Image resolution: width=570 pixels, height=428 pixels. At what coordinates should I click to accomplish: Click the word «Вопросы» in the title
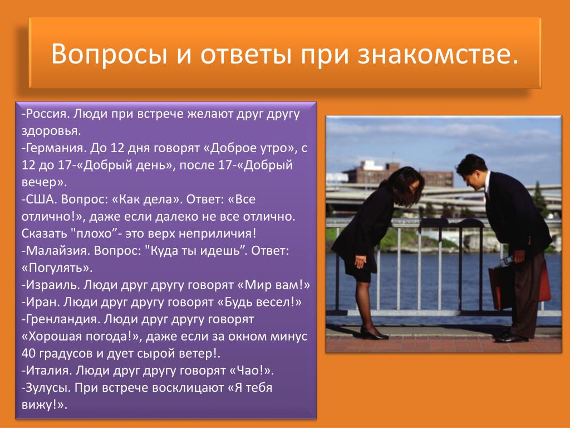110,54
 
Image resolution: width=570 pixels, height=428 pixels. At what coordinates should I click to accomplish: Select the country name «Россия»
47,114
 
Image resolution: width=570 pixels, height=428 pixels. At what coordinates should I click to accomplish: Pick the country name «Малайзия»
57,251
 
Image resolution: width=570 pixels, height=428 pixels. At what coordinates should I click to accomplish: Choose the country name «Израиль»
52,285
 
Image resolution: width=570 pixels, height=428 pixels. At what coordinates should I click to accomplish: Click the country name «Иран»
42,301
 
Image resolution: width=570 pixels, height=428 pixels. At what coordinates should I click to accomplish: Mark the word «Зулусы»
48,388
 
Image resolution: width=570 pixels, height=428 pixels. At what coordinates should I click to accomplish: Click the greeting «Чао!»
252,371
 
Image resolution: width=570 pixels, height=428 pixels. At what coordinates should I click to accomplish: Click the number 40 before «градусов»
29,353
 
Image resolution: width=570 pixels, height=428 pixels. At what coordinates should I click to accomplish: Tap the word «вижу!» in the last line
41,405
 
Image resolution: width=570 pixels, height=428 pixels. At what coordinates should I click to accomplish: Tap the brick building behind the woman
398,174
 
